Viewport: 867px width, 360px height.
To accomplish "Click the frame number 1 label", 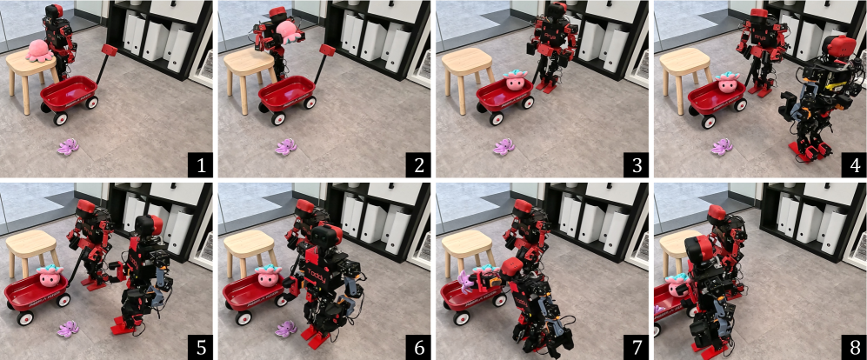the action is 200,165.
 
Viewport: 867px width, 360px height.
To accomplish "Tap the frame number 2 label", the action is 417,165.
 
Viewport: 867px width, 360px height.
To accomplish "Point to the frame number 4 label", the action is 854,165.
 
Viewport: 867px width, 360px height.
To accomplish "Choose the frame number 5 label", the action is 200,348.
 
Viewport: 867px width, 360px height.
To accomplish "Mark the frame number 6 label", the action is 417,348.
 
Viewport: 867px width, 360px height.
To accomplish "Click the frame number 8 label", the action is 854,348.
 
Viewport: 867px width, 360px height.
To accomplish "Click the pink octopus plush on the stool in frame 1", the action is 39,50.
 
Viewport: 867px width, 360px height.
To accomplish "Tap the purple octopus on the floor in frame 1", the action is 69,147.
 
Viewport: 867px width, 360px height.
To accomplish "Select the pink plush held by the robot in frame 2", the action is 289,32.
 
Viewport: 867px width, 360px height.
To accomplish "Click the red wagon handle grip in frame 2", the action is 327,50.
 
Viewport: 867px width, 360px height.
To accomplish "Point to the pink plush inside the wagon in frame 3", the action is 517,83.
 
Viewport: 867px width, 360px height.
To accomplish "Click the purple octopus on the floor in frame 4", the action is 722,147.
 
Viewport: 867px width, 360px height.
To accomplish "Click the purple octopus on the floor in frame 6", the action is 286,328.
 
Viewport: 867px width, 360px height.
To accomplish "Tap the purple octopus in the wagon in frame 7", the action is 465,280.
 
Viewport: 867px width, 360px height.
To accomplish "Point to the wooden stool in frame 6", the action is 250,251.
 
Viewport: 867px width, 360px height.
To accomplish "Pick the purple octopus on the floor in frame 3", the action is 504,147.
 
